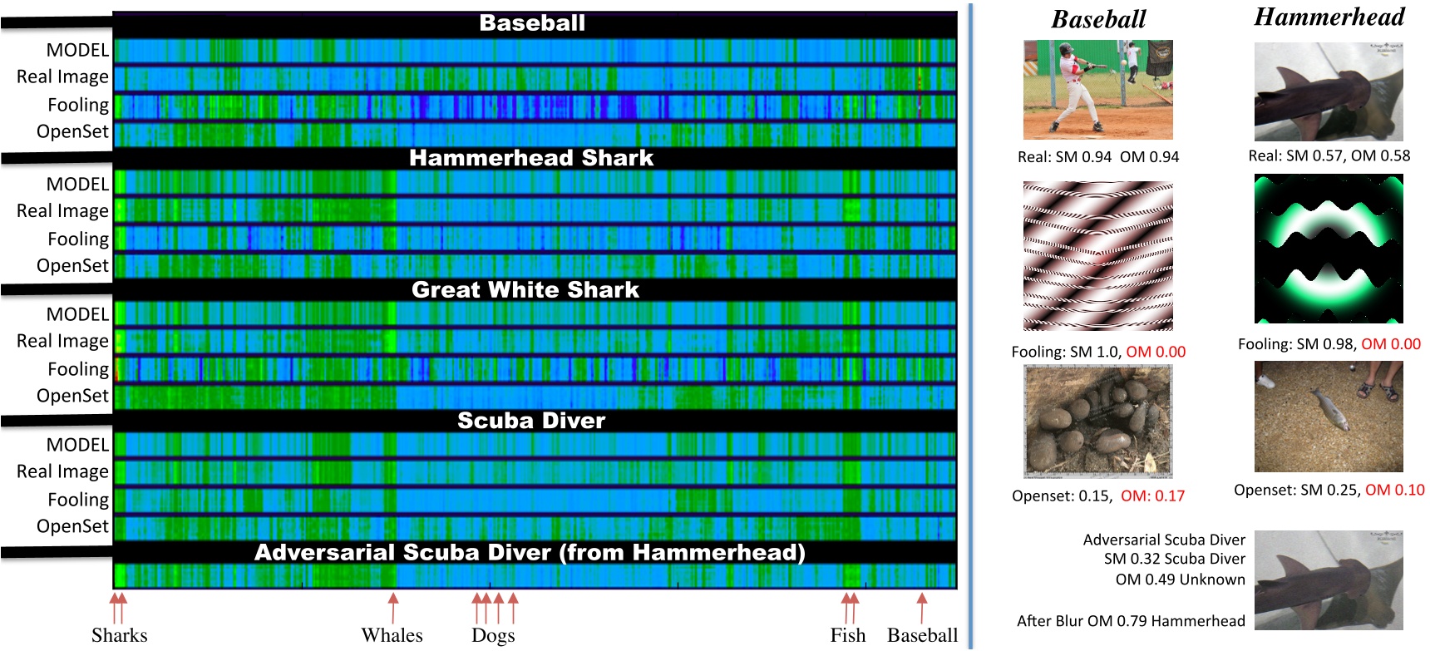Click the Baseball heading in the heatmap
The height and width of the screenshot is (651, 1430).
532,23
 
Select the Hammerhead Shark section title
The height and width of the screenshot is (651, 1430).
531,158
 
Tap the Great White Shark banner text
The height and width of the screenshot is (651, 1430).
525,289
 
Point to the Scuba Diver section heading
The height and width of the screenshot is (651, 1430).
531,420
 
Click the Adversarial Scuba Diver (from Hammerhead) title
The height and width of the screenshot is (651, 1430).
530,552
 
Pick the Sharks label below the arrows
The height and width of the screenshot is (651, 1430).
119,635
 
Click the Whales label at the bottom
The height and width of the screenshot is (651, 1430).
392,635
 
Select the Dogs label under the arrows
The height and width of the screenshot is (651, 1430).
493,636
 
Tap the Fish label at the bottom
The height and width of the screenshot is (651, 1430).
847,635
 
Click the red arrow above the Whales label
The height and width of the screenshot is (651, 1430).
393,607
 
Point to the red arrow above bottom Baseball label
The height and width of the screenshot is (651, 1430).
921,607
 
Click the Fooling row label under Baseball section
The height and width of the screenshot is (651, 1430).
78,105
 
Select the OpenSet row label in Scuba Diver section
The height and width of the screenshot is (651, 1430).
72,526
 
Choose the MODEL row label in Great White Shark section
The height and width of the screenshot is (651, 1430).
77,314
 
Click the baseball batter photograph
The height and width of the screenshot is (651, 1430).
1097,89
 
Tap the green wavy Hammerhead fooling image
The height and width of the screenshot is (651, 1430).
1329,248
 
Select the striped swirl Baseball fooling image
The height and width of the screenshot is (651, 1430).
1097,256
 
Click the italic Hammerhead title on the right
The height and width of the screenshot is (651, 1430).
1329,17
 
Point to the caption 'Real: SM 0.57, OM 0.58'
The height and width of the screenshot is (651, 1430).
1329,155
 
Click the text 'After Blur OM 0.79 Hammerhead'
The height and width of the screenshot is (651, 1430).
1131,621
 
